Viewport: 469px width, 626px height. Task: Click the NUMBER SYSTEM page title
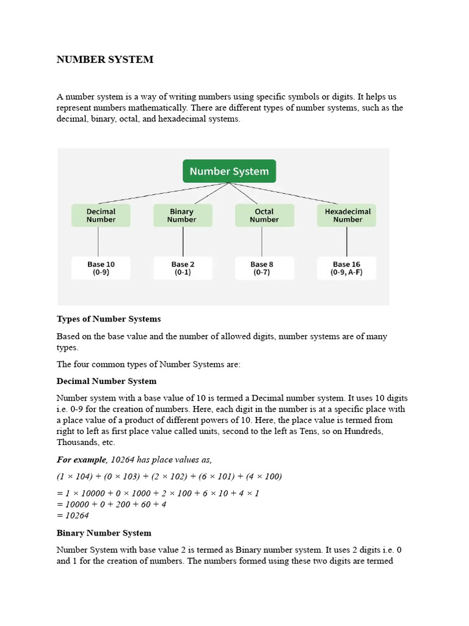tap(105, 60)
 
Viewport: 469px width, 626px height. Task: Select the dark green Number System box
tap(229, 171)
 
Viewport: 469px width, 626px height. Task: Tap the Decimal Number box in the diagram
tap(101, 216)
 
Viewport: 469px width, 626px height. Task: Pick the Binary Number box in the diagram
tap(182, 216)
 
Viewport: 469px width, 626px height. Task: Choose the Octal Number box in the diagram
tap(264, 216)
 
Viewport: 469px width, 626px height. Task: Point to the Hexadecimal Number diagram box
tap(347, 216)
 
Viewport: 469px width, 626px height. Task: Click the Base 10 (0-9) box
tap(101, 268)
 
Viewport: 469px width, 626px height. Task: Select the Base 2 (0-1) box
tap(182, 268)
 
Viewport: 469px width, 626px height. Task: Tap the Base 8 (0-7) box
tap(264, 268)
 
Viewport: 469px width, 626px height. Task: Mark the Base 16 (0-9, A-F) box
tap(347, 268)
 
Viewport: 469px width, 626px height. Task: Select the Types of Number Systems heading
tap(109, 319)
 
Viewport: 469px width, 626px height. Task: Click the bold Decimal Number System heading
tap(106, 381)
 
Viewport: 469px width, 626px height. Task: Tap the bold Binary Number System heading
tap(104, 533)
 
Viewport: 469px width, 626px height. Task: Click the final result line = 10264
tap(73, 515)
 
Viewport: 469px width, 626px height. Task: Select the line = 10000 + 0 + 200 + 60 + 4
tap(111, 504)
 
